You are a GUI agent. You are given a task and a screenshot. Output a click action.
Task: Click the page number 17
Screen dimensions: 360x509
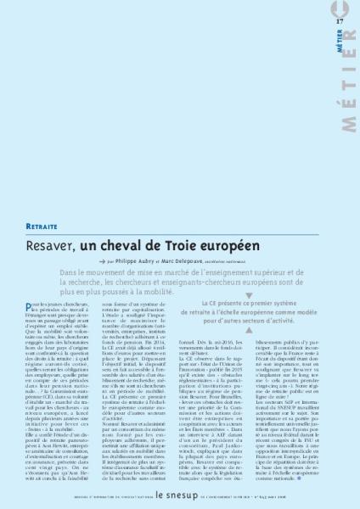coord(339,20)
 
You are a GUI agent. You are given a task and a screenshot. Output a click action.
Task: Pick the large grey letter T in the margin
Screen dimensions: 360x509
coord(349,84)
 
